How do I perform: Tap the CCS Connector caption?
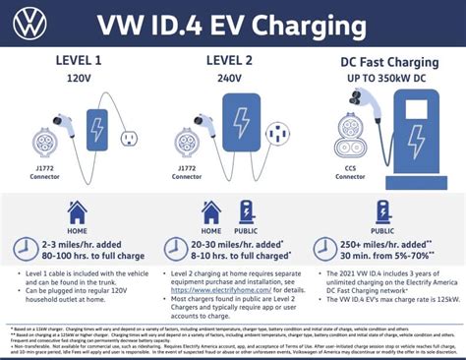tap(346, 180)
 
